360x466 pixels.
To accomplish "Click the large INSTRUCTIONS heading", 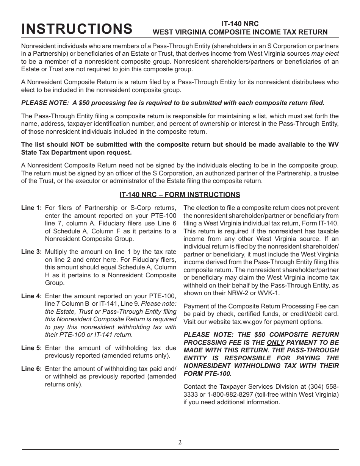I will pos(77,29).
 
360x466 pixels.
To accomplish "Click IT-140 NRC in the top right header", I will pos(240,23).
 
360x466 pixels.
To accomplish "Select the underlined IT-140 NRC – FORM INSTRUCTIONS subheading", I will pos(180,195).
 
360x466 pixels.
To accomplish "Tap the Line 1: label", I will pos(31,208).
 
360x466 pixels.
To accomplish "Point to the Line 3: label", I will pos(31,252).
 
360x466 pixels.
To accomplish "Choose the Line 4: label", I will pos(31,296).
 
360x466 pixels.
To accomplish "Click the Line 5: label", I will pos(31,348).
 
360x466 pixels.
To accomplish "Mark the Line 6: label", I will pos(31,369).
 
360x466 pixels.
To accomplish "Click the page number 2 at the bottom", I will pos(180,442).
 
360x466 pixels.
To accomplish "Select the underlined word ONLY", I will pos(275,342).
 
